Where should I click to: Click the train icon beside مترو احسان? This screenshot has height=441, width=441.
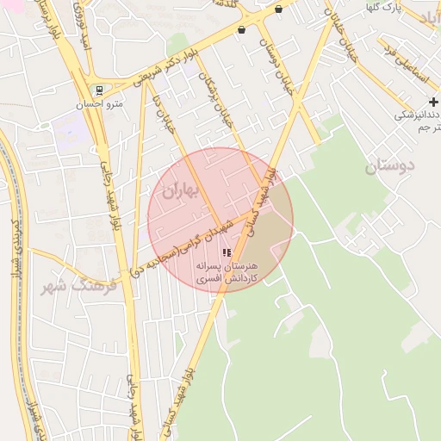click(x=100, y=90)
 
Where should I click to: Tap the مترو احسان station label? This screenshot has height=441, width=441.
click(x=102, y=103)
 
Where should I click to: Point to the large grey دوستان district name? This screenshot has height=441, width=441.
click(x=389, y=166)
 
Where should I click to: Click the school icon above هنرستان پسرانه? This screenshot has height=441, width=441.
click(x=227, y=252)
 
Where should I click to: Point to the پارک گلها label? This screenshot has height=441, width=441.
click(x=382, y=8)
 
